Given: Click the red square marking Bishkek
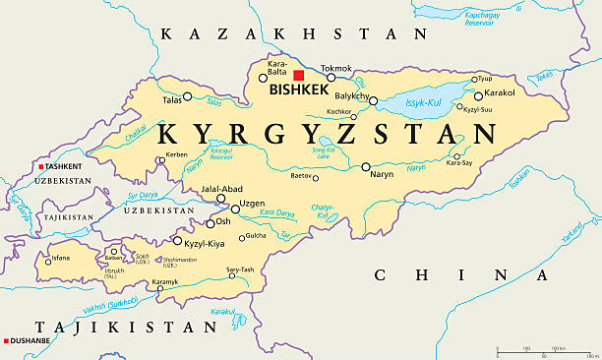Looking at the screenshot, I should point(299,75).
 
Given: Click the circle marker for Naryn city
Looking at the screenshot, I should point(366,167).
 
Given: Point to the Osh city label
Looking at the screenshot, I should point(223,221).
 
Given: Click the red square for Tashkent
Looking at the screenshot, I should point(41,166).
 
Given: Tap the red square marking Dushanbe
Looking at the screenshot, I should point(6,341).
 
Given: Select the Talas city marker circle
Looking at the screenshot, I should point(187,96).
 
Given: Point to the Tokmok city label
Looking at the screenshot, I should point(335,68).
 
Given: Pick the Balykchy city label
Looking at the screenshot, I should point(351,96).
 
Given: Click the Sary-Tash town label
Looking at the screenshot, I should point(240,269).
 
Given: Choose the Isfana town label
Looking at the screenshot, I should point(61,259).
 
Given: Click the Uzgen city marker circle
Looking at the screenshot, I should point(235,209).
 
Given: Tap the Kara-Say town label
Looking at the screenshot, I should point(459,162).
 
